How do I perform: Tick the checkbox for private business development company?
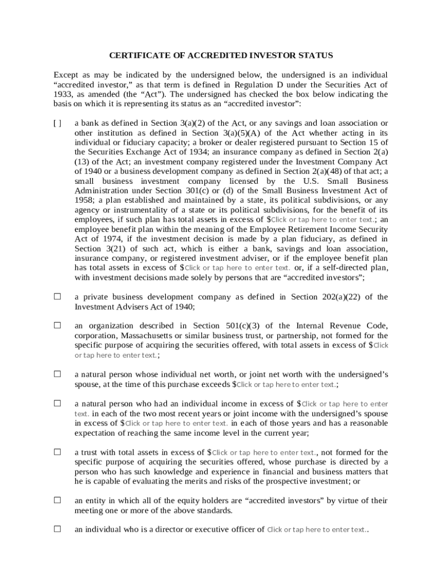(x=57, y=297)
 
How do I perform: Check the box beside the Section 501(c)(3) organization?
(x=57, y=325)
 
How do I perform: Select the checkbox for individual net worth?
(x=57, y=374)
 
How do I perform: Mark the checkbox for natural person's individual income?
(x=57, y=403)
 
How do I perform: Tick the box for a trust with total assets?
(x=57, y=452)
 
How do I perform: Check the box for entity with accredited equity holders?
(x=57, y=500)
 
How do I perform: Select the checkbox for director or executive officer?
(x=57, y=529)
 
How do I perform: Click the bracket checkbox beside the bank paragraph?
(x=57, y=123)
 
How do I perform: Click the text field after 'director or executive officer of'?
(x=316, y=530)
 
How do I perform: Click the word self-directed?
(x=350, y=268)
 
